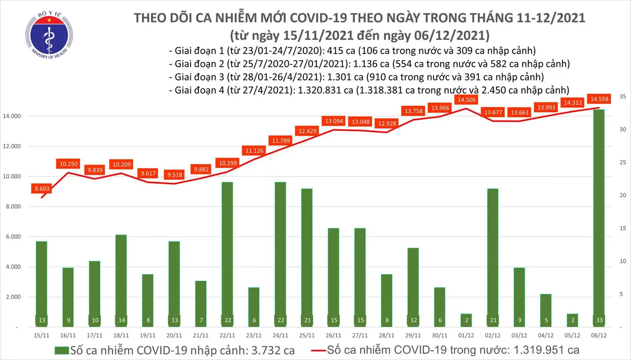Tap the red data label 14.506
pos(466,100)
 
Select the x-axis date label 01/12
pos(466,335)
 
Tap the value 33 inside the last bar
pos(599,320)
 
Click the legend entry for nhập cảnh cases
pos(175,350)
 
